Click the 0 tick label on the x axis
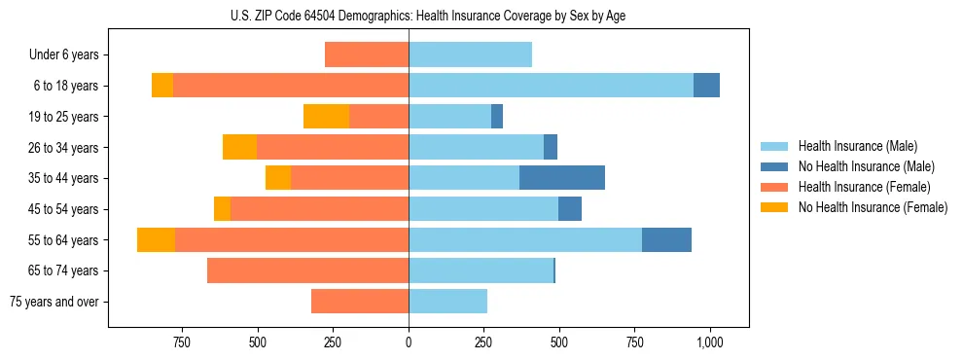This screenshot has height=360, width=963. tap(409, 342)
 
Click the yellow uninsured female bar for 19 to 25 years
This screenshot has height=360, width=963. tap(326, 117)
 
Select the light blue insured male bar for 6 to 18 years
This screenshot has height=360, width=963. tap(551, 86)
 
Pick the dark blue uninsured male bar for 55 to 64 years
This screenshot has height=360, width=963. tap(666, 239)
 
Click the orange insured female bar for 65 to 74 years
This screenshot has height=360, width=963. tap(307, 270)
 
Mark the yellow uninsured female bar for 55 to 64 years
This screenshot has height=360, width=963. tap(156, 239)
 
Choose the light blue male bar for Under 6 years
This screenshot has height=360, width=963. tap(470, 55)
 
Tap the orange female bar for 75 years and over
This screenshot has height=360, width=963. tap(360, 302)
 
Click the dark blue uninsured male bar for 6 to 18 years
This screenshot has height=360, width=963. tap(706, 86)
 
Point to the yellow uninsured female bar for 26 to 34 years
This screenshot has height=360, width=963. tap(239, 147)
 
